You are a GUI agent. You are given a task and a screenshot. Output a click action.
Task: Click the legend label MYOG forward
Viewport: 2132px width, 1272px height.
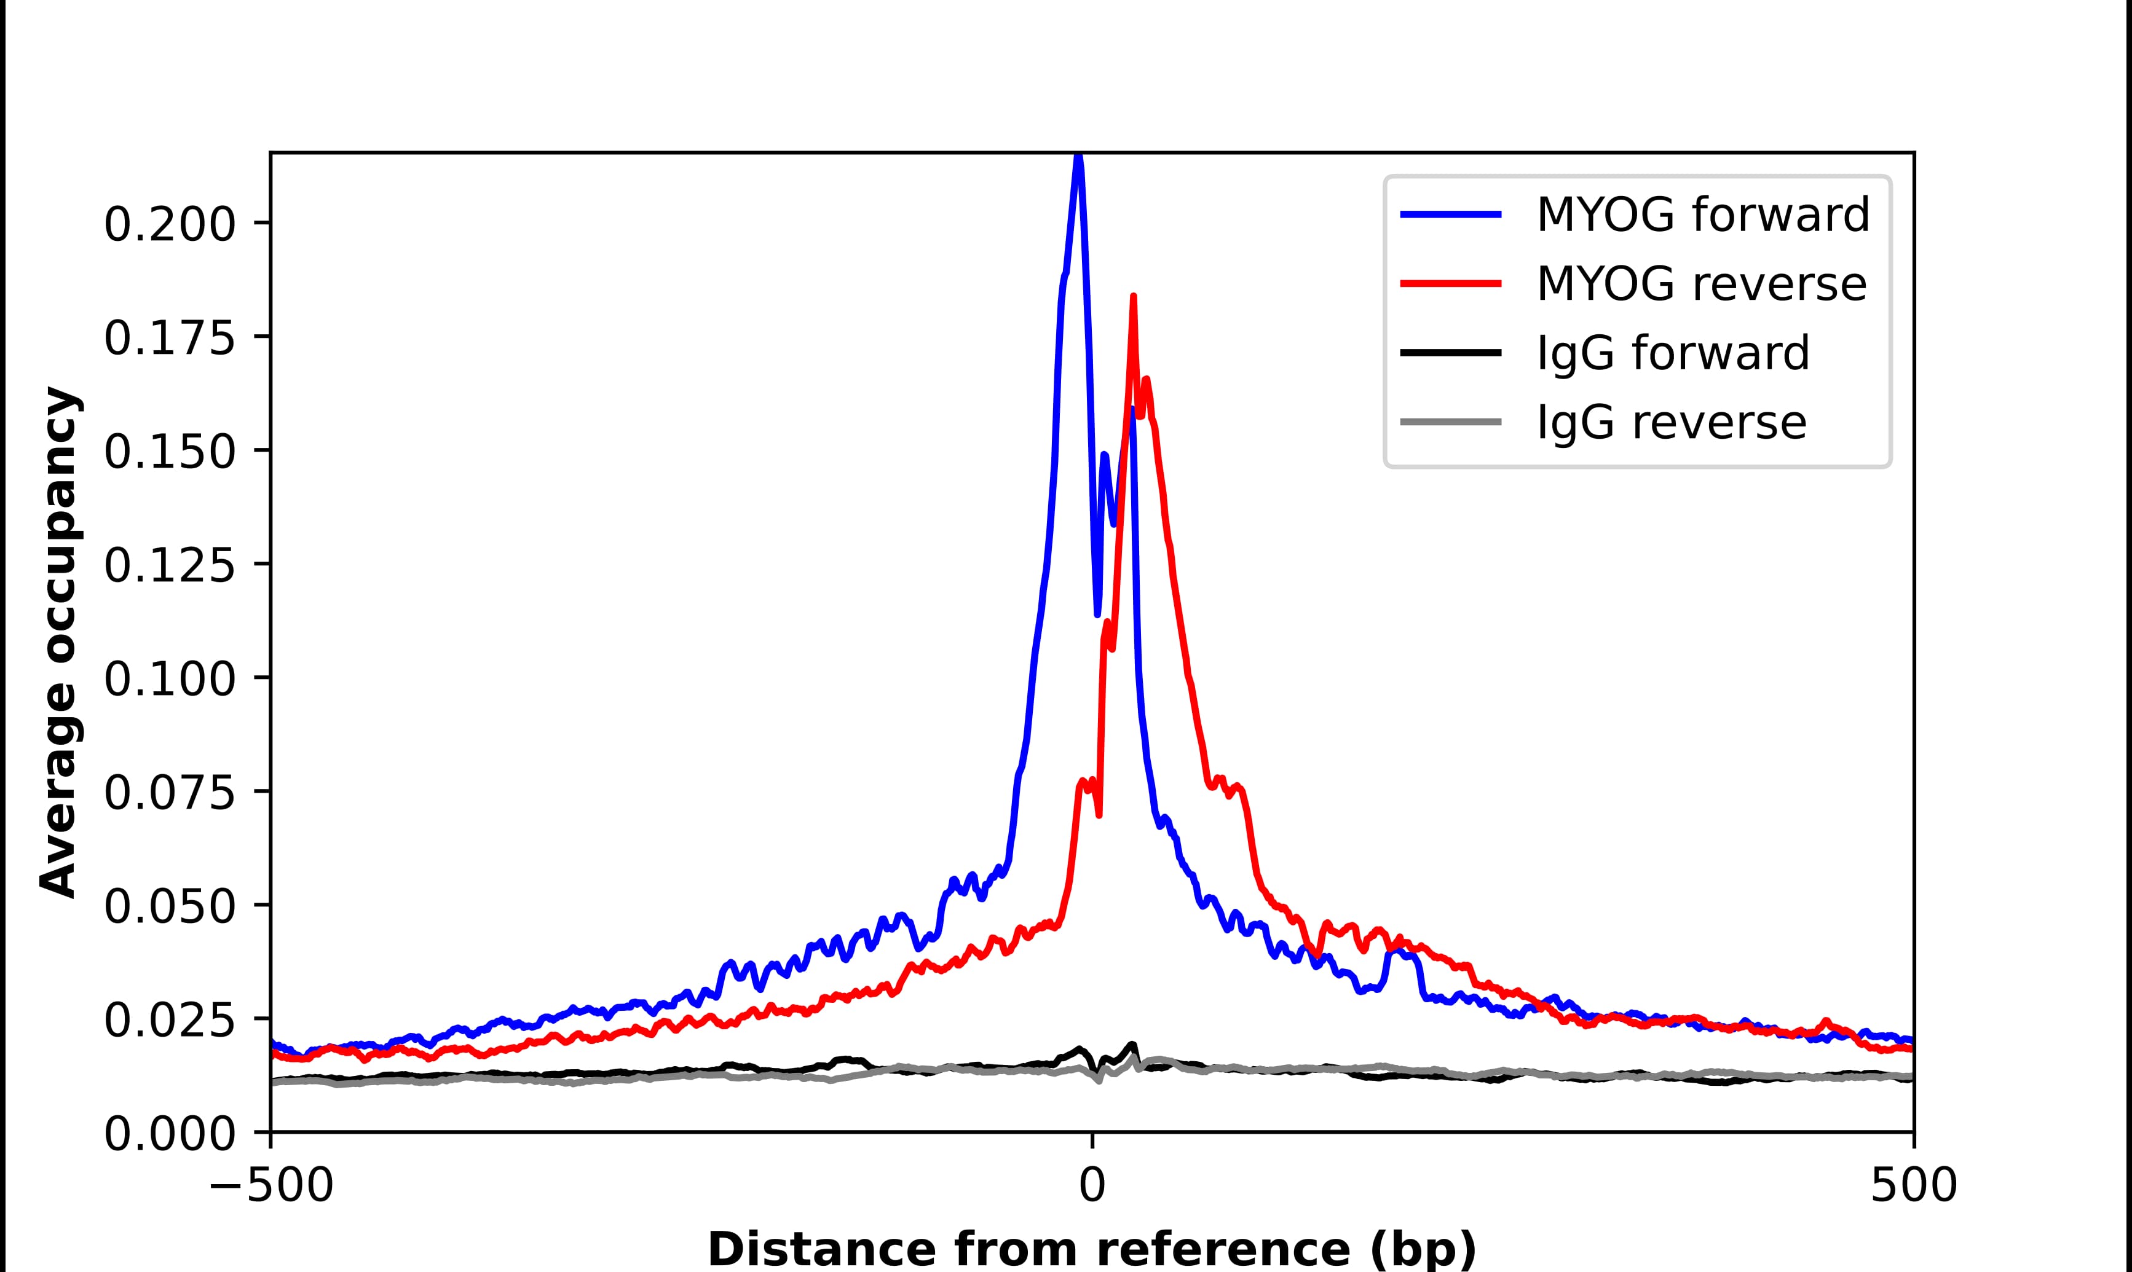tap(1702, 214)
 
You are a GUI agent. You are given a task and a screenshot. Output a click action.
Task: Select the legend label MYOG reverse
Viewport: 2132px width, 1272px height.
tap(1701, 284)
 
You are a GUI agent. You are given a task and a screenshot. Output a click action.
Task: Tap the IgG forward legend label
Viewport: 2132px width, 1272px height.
tap(1673, 353)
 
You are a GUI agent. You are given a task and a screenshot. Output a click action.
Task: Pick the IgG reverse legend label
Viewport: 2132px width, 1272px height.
tap(1671, 423)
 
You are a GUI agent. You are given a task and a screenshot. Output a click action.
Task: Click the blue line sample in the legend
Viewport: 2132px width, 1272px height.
tap(1450, 214)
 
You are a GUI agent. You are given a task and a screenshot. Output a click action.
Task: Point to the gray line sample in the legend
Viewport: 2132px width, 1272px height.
tap(1450, 422)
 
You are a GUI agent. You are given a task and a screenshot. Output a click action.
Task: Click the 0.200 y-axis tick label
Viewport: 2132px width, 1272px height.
tap(169, 226)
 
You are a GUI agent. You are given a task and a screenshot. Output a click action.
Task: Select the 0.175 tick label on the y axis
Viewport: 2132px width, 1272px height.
tap(169, 339)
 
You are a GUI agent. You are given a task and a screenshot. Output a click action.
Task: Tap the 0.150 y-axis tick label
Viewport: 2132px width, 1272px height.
tap(169, 452)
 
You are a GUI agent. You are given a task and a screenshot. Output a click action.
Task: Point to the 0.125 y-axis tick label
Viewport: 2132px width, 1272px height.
tap(169, 566)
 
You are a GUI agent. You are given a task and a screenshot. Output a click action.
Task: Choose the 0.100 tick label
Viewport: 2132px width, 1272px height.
tap(169, 680)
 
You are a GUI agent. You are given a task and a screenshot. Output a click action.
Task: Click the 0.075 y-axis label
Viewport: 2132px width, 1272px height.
tap(169, 793)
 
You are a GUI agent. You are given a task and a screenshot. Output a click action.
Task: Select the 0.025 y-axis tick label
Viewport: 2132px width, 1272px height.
tap(169, 1020)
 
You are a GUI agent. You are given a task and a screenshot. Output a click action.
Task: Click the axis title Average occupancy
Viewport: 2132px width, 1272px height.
tap(60, 643)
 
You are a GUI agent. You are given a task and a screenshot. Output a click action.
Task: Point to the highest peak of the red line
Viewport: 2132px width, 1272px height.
tap(1133, 297)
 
